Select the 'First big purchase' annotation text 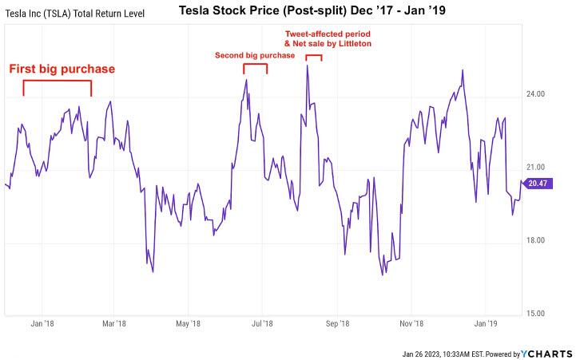coord(62,69)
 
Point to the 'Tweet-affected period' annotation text coord(328,34)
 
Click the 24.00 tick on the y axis coord(536,94)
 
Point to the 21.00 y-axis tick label coord(536,168)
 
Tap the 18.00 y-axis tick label coord(536,241)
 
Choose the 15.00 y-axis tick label coord(536,314)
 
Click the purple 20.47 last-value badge coord(537,184)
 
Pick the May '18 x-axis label coord(187,324)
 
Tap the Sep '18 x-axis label coord(338,324)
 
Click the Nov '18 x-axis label coord(411,324)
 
